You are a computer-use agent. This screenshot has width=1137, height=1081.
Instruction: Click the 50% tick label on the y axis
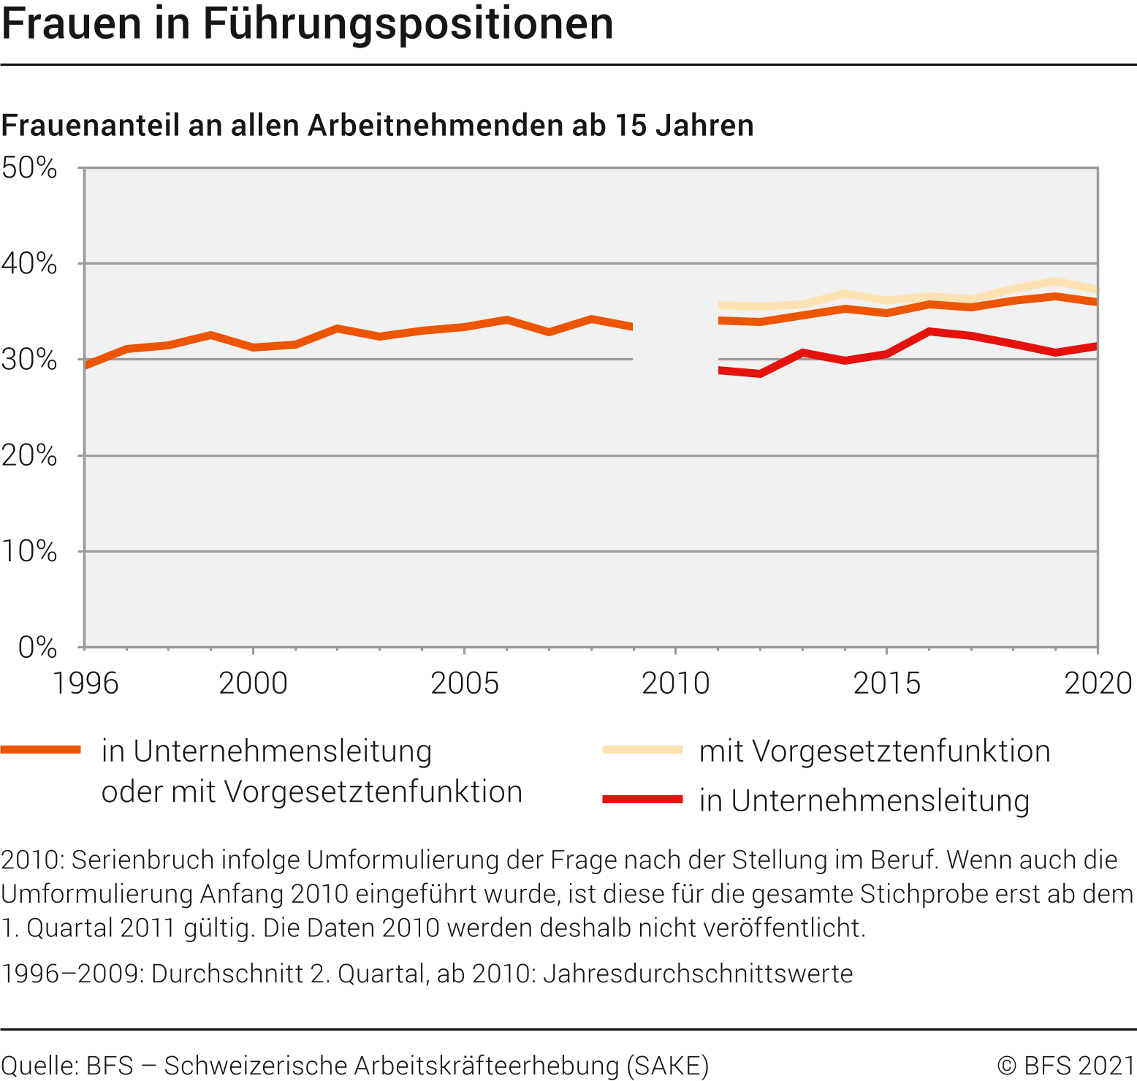tap(29, 168)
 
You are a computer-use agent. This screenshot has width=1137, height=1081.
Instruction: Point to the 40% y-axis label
tap(29, 263)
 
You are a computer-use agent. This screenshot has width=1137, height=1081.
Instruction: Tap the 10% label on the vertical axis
tap(29, 551)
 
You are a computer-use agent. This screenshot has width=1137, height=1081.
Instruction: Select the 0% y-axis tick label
tap(37, 647)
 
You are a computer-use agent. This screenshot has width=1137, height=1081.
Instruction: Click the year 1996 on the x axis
tap(85, 683)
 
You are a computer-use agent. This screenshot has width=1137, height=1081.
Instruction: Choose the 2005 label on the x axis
tap(464, 683)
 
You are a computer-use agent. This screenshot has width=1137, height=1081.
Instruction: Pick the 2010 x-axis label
tap(675, 683)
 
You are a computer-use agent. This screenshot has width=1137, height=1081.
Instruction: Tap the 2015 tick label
tap(886, 683)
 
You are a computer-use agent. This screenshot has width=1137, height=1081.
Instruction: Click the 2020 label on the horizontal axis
tap(1098, 683)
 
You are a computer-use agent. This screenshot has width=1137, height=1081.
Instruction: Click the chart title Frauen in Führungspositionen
tap(307, 23)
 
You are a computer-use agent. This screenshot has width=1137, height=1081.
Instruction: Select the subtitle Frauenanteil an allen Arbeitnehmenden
tap(377, 126)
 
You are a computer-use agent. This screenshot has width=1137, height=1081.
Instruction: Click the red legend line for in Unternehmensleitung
tap(642, 800)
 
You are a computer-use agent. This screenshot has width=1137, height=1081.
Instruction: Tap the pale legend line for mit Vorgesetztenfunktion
tap(642, 750)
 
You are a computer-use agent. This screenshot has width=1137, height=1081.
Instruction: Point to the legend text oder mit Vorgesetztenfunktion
tap(312, 792)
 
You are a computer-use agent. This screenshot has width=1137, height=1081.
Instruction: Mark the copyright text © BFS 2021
tap(1066, 1066)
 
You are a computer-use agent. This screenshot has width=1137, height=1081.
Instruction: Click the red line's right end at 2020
tap(1096, 346)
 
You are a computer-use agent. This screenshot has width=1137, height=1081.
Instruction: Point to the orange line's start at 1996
tap(86, 365)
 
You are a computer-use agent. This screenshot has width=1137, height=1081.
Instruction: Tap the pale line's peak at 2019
tap(1055, 281)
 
